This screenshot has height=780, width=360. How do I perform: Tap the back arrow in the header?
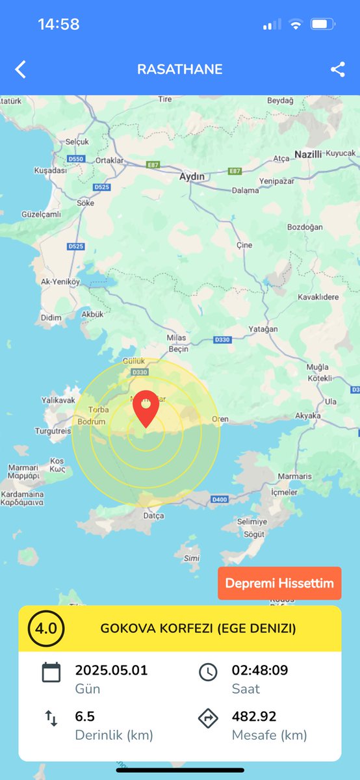[21, 70]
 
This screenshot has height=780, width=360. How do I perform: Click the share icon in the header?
[338, 70]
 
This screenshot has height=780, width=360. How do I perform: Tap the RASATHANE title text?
[180, 70]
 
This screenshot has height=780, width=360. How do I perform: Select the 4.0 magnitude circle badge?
[46, 629]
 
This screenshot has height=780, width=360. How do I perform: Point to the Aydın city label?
[192, 176]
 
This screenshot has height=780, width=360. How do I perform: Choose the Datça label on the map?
[154, 515]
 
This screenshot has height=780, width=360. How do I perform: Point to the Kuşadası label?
[50, 170]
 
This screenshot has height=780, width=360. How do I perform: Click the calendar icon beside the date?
[51, 671]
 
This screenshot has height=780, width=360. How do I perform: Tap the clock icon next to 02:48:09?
[208, 671]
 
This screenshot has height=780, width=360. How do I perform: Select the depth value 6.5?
[85, 716]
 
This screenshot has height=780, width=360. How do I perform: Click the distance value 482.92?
[254, 716]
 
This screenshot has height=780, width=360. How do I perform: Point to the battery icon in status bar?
[322, 25]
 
